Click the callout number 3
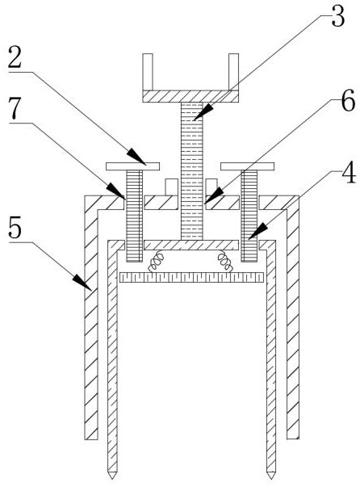coord(338,17)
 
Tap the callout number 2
coord(15,57)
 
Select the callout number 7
coord(15,108)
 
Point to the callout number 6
coord(348,100)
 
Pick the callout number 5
coord(15,229)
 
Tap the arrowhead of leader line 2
coord(136,157)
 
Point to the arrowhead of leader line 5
coord(82,283)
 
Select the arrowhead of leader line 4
coord(257,232)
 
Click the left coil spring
coord(156,261)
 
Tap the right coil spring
coord(225,261)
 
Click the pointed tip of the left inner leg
coord(112,478)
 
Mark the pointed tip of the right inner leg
coord(271,478)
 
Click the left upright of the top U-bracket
coord(148,72)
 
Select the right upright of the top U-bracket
coord(234,72)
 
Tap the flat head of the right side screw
coord(248,166)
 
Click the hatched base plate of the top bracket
coord(190,96)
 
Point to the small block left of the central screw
coord(171,187)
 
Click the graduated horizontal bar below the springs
coord(191,277)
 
